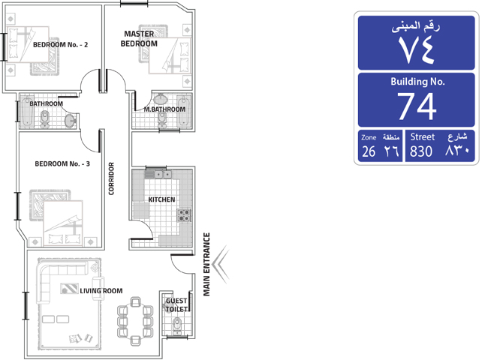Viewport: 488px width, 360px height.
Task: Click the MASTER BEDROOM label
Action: point(139,38)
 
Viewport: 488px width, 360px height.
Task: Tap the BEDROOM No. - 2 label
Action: point(60,45)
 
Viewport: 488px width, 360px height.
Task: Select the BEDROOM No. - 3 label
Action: point(62,163)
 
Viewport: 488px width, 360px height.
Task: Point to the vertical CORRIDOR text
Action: point(111,178)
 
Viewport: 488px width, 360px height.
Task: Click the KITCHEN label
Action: point(161,199)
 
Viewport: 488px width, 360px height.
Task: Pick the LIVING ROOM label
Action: point(101,291)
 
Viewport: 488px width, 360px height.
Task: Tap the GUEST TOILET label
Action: point(176,305)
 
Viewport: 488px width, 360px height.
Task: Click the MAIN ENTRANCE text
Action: point(206,264)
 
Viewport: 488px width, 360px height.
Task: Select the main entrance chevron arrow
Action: point(220,264)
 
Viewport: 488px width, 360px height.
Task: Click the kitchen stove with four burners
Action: point(184,215)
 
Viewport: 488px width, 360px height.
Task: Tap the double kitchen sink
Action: point(163,175)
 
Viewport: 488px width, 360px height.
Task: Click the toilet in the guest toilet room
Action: point(177,325)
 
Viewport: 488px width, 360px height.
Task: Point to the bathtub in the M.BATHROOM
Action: point(184,111)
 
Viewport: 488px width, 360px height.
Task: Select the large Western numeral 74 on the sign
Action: point(417,106)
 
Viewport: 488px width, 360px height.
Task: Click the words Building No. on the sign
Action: point(417,82)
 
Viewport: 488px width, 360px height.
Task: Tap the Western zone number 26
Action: point(369,151)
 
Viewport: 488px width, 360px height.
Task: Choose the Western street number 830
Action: point(421,151)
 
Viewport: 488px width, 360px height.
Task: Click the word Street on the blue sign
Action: point(423,136)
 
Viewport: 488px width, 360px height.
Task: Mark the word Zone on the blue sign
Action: point(369,137)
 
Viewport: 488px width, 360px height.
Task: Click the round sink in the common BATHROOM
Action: point(71,121)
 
